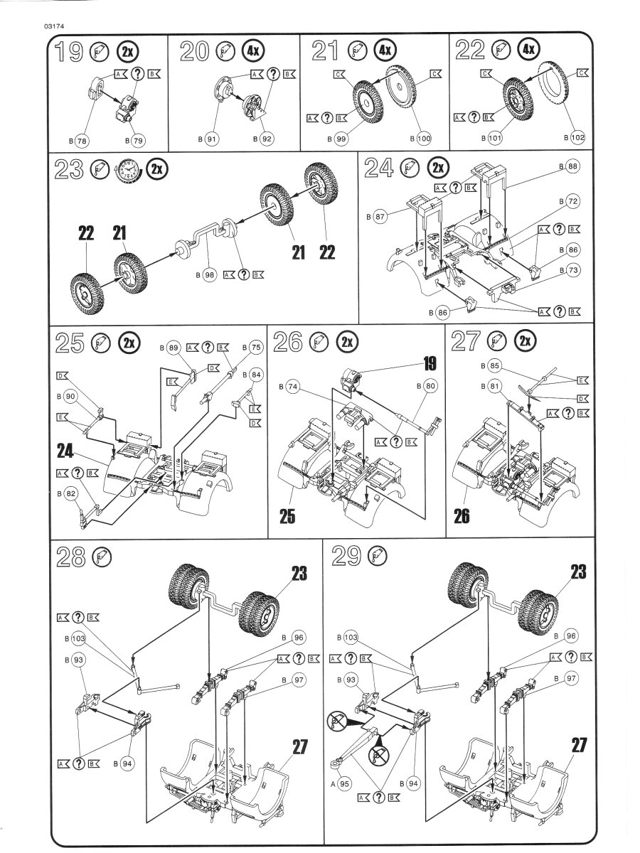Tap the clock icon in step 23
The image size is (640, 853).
point(129,170)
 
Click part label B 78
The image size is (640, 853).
point(78,140)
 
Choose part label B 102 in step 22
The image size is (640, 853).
point(572,137)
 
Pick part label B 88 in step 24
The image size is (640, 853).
point(568,166)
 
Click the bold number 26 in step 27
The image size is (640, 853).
point(462,515)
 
